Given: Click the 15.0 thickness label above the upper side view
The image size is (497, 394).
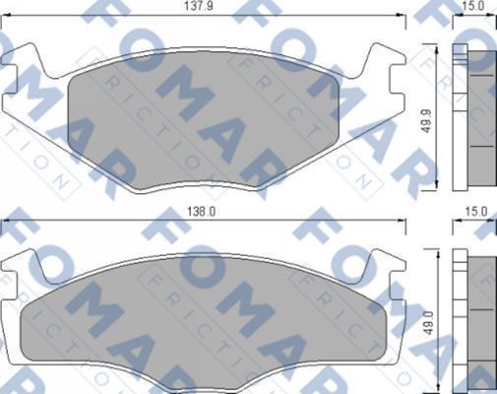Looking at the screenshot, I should click(x=474, y=7).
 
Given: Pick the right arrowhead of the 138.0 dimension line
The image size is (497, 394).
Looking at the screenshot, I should click(x=404, y=221).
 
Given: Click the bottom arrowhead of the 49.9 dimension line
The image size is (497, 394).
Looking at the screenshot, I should click(x=437, y=190).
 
